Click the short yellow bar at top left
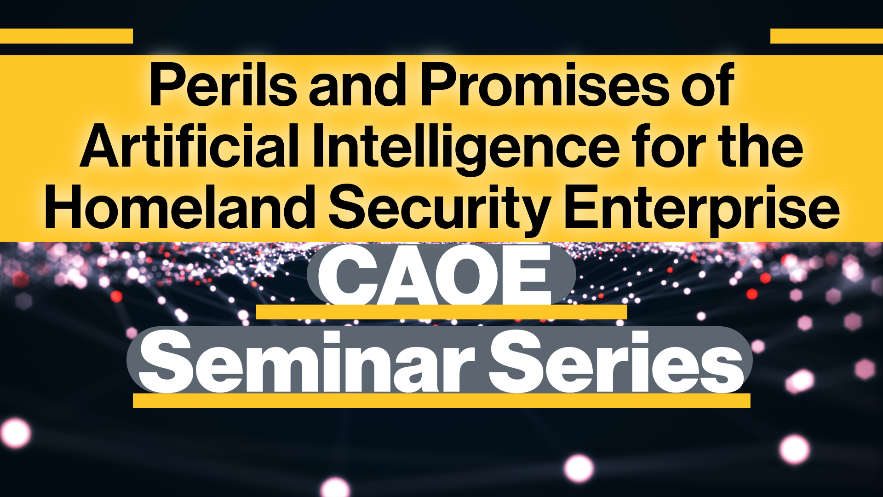coord(66,36)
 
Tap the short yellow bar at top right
coord(826,36)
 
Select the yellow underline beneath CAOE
coord(441,312)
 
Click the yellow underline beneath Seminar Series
coord(441,401)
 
